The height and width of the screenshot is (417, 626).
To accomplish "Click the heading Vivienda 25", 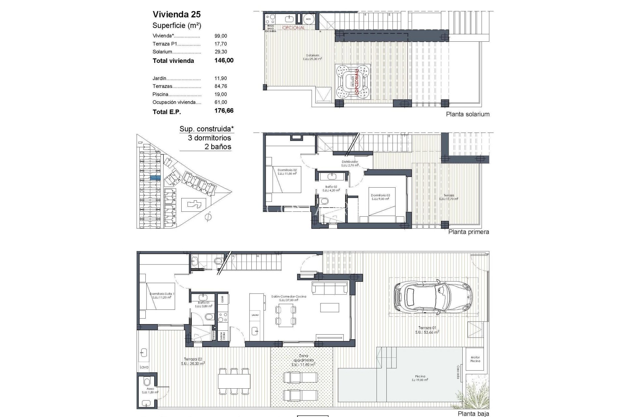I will pos(176,14).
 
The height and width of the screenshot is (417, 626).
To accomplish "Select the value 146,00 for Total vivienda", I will pos(224,60).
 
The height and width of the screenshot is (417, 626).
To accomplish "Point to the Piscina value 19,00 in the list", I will pos(221,94).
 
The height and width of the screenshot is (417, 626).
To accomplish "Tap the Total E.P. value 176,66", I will pos(224,111).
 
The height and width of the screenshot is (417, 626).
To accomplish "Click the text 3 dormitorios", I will pos(209,138).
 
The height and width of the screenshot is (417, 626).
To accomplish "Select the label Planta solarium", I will pos(468,114).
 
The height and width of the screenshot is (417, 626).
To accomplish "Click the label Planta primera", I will pos(469,232).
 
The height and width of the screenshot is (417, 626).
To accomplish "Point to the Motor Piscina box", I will pos(475,359).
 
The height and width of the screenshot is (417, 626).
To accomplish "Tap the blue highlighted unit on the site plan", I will pos(155,178).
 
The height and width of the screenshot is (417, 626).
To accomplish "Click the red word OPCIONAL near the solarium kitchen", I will pos(293,28).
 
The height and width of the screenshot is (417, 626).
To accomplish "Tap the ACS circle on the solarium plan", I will pos(308,19).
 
